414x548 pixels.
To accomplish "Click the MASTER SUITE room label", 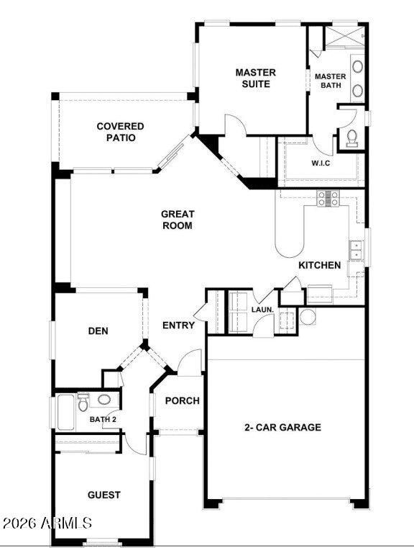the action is point(256,78).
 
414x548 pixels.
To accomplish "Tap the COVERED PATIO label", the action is point(120,132).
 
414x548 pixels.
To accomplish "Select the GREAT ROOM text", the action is point(178,220).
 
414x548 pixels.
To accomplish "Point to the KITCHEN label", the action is point(319,265).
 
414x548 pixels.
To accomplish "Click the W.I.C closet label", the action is point(321,163).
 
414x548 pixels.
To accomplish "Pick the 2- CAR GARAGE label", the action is point(283,427).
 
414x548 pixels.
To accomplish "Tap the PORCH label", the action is point(182,400).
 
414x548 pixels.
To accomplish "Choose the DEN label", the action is point(98,331).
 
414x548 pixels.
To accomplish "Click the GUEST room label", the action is point(104,495).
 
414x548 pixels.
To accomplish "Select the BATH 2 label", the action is point(103,419).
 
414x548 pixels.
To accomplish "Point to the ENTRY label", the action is point(178,325).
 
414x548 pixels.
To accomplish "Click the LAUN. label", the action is point(262,310).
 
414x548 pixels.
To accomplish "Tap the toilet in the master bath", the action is point(352,138).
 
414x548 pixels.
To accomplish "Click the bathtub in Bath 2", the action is point(66,412).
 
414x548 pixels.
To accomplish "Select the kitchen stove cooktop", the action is point(328,199).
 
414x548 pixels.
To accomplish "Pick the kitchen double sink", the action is point(356,250).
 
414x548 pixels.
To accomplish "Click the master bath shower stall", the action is point(344,36).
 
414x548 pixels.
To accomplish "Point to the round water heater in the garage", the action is point(308,317).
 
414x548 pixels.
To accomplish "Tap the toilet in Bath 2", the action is point(83,403).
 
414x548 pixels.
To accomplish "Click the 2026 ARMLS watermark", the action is point(47,523).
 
